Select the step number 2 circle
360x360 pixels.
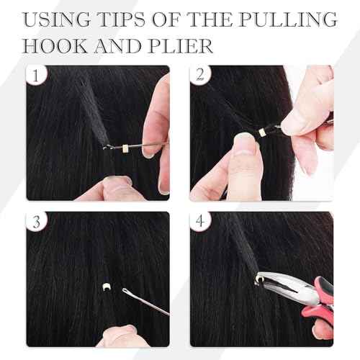point(201,76)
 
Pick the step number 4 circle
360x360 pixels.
point(201,222)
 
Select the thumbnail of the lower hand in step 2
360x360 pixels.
point(244,148)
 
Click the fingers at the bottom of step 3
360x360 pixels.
point(121,335)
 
